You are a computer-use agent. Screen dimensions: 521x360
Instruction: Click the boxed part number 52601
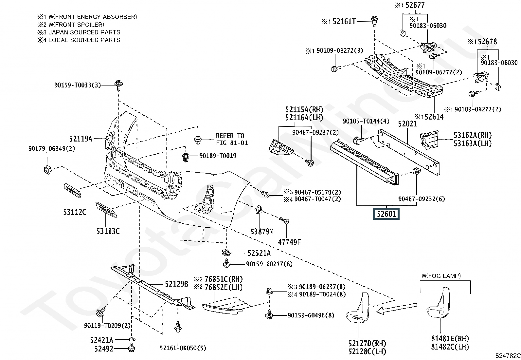tap(386, 214)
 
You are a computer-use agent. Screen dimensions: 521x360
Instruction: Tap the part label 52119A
tap(81, 139)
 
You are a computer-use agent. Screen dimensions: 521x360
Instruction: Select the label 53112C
tap(75, 212)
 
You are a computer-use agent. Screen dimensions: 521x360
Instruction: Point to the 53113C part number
tap(108, 231)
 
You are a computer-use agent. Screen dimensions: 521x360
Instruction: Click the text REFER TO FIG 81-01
tap(232, 139)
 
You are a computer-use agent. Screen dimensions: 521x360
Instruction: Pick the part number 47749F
tap(289, 242)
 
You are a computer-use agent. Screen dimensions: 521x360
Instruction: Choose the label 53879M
tap(262, 232)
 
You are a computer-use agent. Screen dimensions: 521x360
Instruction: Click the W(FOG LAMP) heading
tap(441, 276)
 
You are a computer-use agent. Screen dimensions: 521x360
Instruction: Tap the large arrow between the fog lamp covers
tap(397, 309)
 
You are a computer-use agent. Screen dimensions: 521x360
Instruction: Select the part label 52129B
tap(176, 284)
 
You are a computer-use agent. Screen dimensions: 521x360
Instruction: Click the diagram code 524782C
tap(508, 355)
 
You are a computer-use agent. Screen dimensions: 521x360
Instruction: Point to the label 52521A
tap(259, 253)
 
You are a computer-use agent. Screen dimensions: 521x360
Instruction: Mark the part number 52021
tap(407, 123)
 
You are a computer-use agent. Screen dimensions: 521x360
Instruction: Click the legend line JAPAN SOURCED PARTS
tap(79, 32)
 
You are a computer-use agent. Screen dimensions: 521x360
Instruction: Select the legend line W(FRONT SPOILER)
tap(71, 25)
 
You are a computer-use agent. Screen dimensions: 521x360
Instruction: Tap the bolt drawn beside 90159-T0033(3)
tap(119, 85)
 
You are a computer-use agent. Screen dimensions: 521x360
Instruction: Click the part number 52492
tap(104, 349)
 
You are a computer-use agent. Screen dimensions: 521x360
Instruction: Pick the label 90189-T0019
tap(218, 156)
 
